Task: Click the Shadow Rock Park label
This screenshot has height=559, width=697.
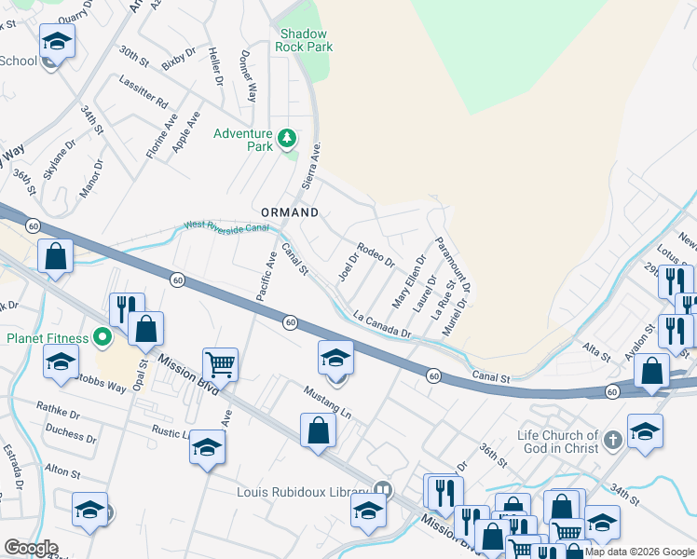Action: point(305,40)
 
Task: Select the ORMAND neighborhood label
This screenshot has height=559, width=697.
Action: point(289,212)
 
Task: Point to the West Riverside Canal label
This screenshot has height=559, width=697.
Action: point(226,225)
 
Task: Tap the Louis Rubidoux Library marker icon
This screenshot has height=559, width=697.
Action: point(382,488)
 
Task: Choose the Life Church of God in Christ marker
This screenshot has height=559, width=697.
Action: point(612,439)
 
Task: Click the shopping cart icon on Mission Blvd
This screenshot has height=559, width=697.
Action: point(220,363)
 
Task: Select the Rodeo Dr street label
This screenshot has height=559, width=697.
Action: point(376,254)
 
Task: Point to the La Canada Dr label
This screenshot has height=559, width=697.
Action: point(382,325)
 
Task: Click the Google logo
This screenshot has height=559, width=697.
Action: point(31,548)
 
